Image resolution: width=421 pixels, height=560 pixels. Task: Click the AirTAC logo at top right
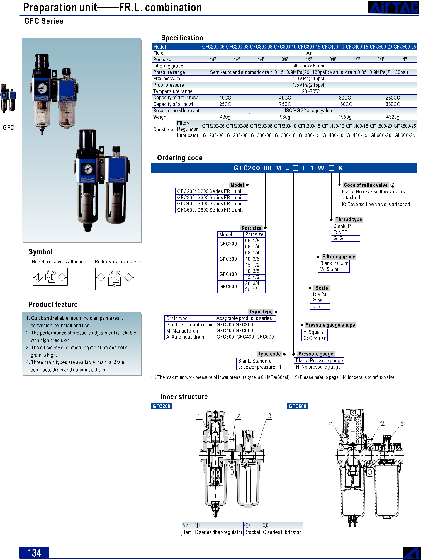(393, 7)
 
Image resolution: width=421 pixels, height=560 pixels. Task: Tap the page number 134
(34, 552)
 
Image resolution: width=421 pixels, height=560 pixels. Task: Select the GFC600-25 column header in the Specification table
(405, 47)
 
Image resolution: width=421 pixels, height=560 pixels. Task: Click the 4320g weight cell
(393, 117)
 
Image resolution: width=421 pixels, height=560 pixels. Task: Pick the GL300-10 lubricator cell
(285, 135)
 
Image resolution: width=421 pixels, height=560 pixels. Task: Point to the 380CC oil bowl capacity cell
(393, 104)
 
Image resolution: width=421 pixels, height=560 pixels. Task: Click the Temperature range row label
(173, 91)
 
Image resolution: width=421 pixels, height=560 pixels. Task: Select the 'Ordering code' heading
(180, 158)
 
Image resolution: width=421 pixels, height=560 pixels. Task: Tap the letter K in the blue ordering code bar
(340, 168)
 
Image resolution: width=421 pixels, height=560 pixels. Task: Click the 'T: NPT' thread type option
(340, 232)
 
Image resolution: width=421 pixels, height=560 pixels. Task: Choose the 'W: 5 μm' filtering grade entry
(329, 270)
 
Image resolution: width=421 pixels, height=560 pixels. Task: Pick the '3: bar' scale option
(318, 307)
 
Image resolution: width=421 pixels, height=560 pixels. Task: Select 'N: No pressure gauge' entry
(318, 367)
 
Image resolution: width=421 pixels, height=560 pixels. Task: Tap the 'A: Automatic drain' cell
(185, 337)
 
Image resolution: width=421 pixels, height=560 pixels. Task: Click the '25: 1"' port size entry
(251, 290)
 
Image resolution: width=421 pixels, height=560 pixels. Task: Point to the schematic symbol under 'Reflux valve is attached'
(115, 279)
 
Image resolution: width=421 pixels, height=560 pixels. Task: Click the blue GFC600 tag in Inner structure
(298, 406)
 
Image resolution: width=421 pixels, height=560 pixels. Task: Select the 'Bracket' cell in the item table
(252, 532)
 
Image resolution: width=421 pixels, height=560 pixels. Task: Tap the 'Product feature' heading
(53, 304)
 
